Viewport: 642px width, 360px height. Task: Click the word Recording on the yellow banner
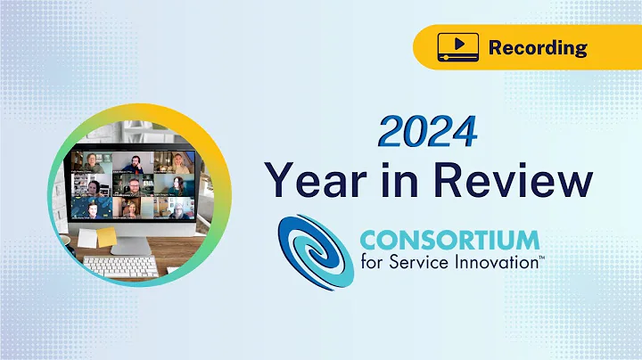click(538, 46)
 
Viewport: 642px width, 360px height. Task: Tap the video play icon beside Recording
click(454, 46)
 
